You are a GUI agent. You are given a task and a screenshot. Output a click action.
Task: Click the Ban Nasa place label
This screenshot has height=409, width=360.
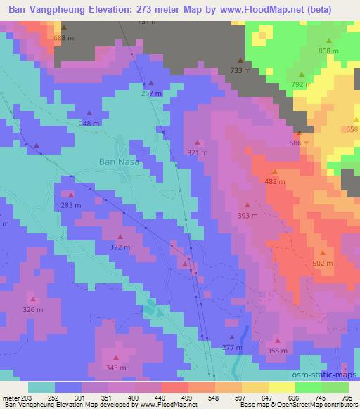point(118,161)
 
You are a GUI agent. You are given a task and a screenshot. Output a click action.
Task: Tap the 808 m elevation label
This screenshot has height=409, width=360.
point(328,51)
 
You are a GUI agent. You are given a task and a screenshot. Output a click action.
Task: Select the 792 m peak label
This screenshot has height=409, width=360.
point(302,84)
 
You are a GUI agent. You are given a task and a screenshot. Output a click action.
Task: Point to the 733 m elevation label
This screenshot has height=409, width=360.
point(240,70)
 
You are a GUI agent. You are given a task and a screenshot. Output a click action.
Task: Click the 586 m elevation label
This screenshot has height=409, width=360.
point(300,143)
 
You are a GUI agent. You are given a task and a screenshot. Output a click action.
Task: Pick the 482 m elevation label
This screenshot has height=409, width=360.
point(275,181)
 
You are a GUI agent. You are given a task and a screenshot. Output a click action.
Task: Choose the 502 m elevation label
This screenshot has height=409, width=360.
point(323,263)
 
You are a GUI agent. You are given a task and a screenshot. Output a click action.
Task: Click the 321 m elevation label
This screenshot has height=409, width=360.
point(198,152)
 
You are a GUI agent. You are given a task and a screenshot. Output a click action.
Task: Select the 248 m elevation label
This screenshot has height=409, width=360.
point(89,124)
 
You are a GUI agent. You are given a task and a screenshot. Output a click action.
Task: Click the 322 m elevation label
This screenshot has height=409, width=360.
point(120,247)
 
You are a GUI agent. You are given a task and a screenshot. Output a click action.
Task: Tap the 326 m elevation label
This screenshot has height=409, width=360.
point(32,309)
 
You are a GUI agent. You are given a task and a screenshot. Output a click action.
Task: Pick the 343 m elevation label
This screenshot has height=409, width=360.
point(116,368)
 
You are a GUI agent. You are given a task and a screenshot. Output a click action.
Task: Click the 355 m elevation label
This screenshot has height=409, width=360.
point(278,351)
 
